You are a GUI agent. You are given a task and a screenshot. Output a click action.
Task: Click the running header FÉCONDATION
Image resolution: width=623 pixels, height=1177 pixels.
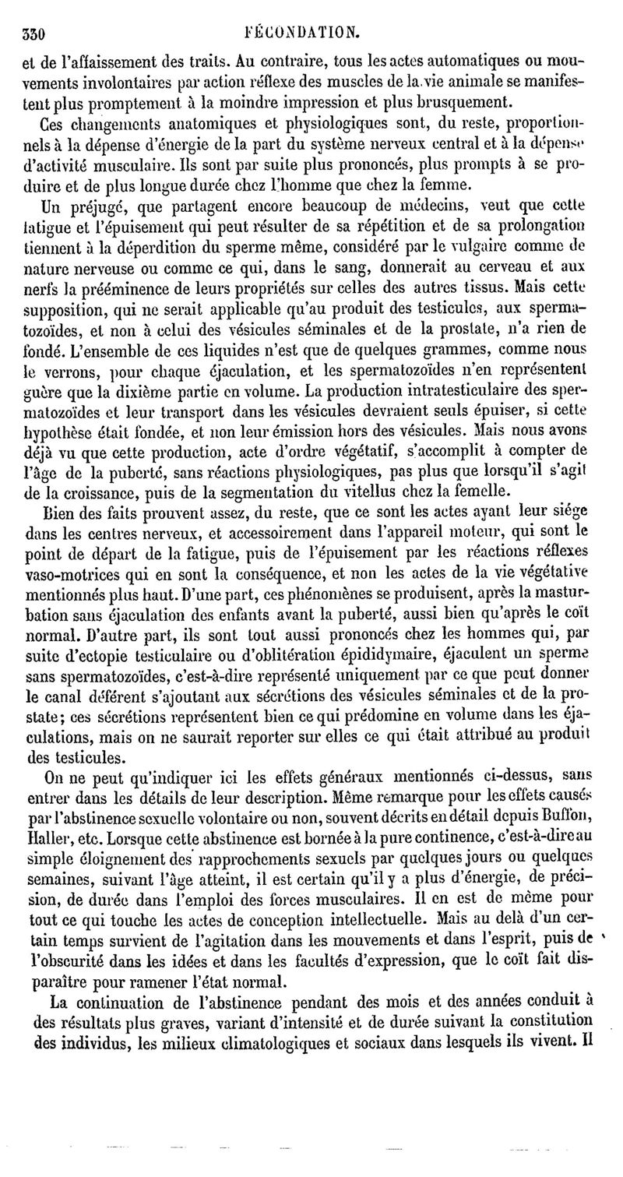[300, 33]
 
